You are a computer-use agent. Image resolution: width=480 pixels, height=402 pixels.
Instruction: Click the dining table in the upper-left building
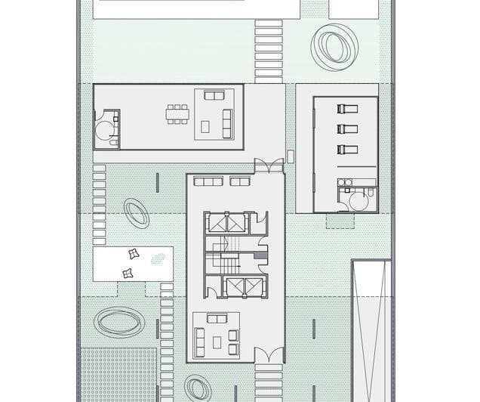pyautogui.click(x=178, y=114)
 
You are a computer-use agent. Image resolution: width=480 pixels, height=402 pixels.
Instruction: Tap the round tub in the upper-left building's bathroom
pyautogui.click(x=103, y=129)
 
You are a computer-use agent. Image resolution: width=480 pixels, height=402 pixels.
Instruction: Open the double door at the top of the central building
pyautogui.click(x=269, y=165)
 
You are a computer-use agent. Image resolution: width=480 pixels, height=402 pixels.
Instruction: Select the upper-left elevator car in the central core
pyautogui.click(x=217, y=223)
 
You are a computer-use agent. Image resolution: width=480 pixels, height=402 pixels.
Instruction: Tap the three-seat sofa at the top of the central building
pyautogui.click(x=208, y=181)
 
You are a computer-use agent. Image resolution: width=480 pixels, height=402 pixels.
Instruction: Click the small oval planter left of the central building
pyautogui.click(x=137, y=212)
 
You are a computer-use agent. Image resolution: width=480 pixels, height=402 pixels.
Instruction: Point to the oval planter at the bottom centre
pyautogui.click(x=198, y=388)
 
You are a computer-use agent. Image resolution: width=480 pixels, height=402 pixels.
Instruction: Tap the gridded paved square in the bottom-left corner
pyautogui.click(x=118, y=375)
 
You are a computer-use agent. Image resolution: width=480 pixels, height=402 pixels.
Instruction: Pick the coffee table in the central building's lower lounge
pyautogui.click(x=217, y=342)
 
